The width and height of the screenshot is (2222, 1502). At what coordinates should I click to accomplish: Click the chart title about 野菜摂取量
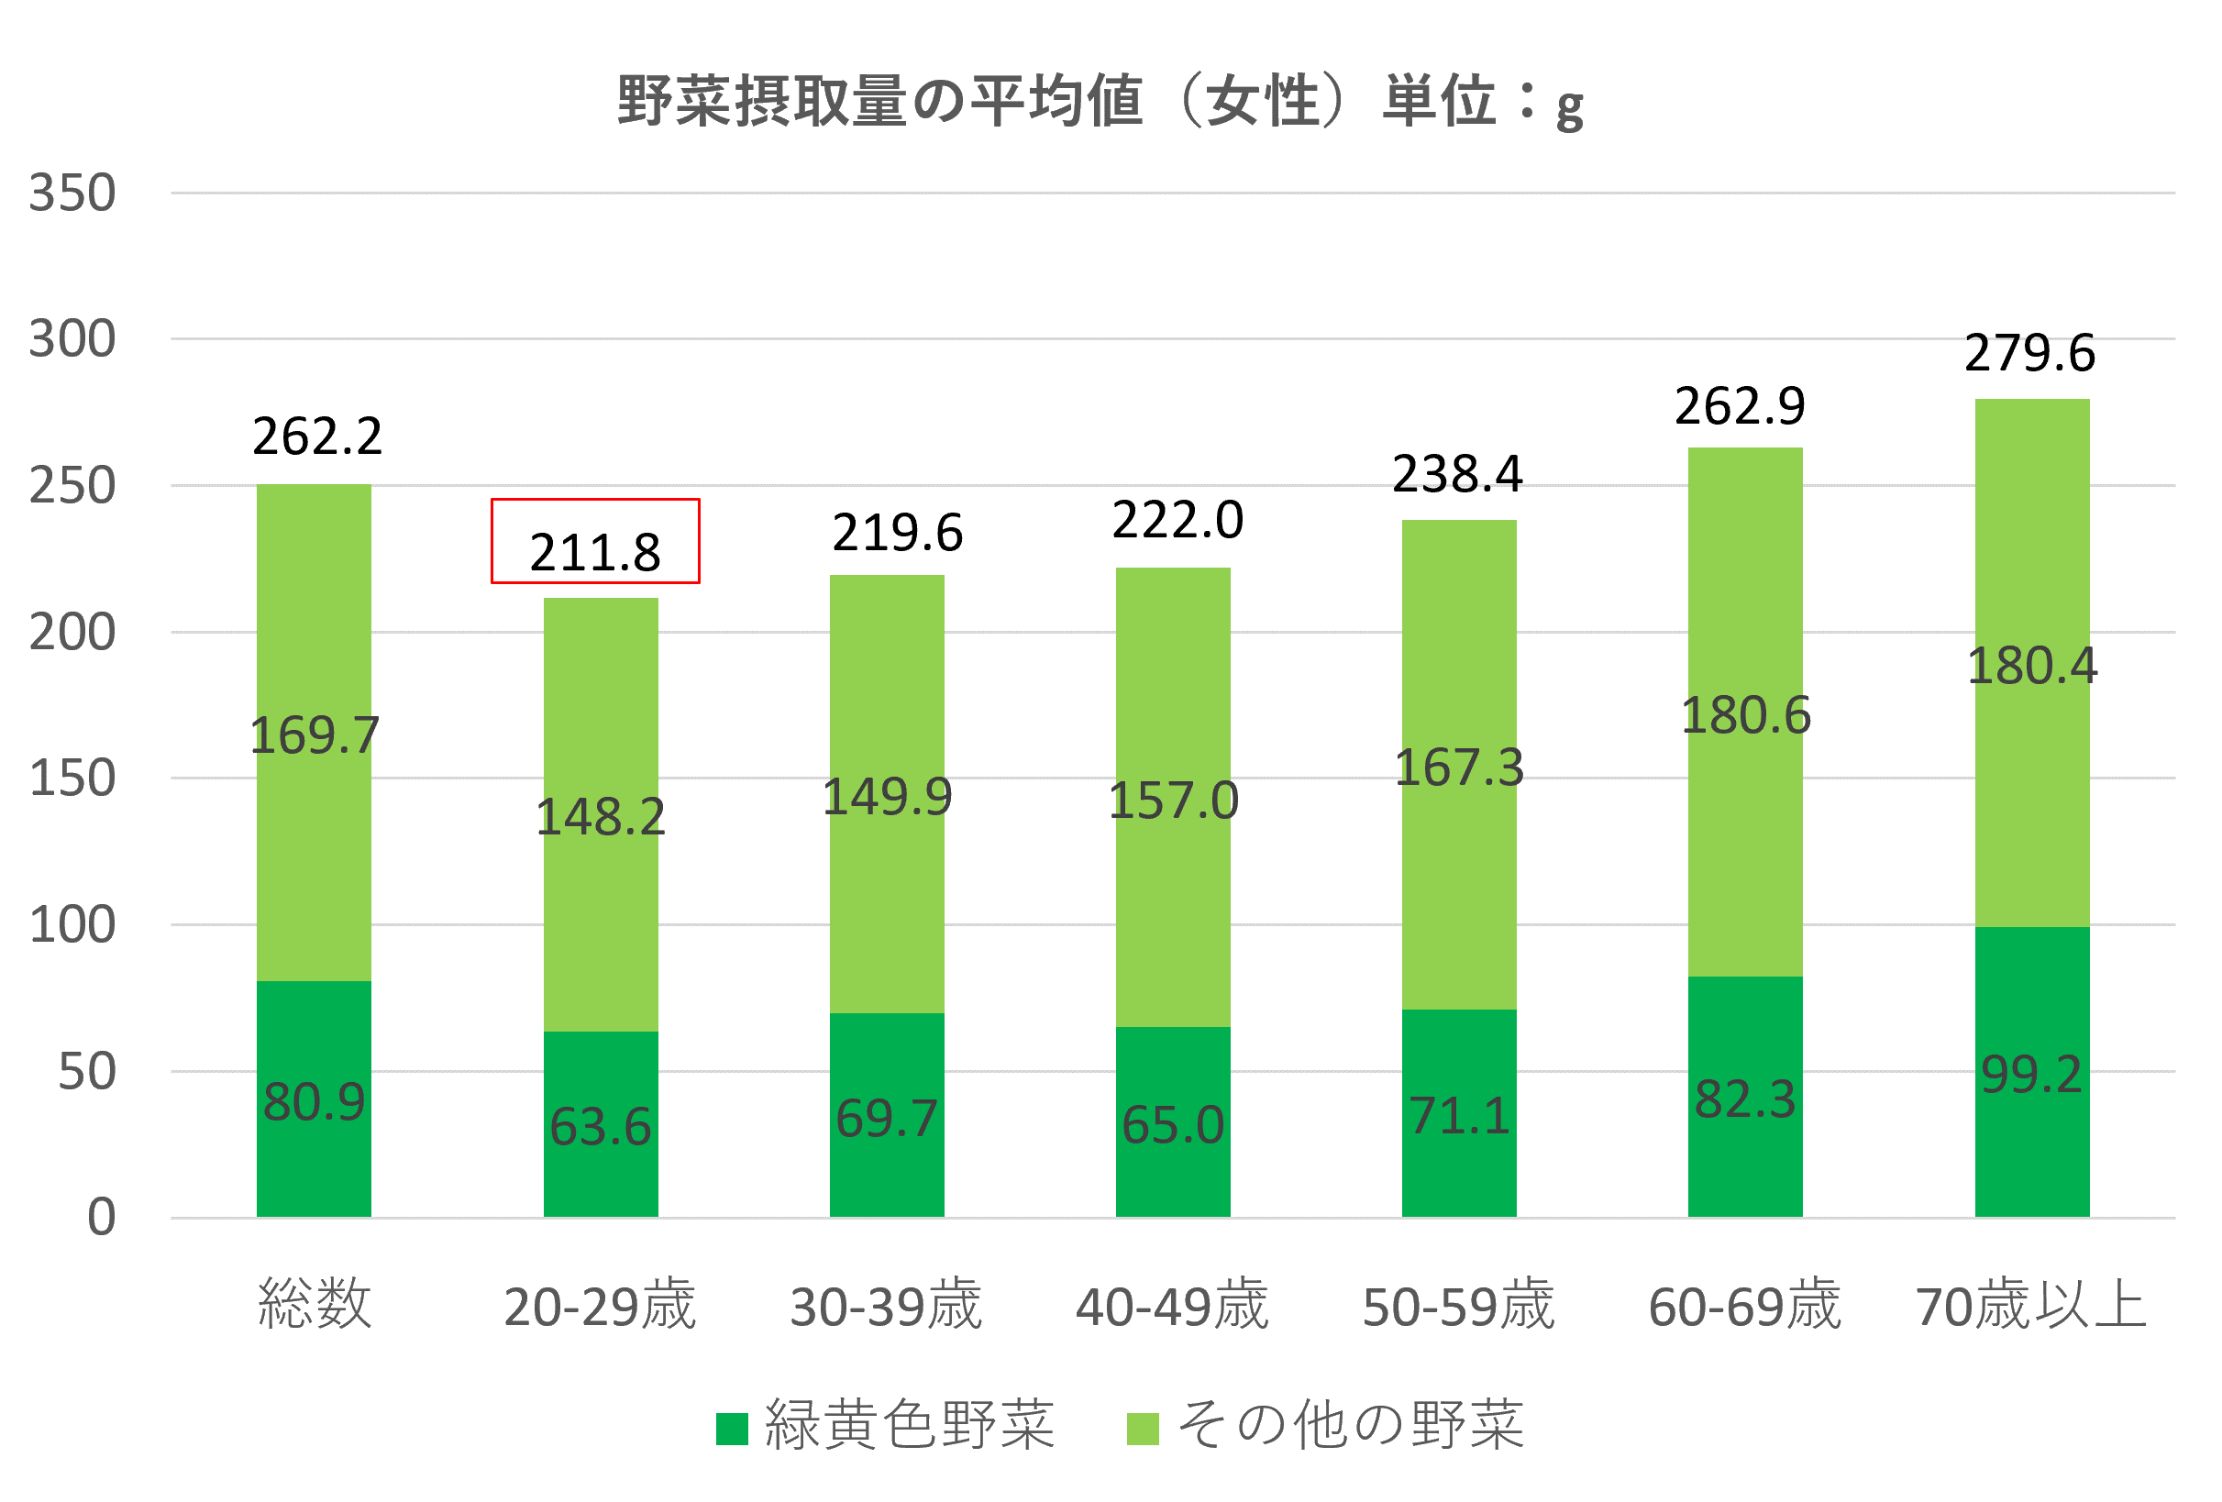click(x=1100, y=100)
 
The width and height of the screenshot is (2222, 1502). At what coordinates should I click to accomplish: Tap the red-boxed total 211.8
click(x=594, y=552)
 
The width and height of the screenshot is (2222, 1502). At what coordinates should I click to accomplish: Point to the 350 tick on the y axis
click(x=72, y=193)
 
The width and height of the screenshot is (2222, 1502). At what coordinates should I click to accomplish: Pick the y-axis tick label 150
click(x=72, y=779)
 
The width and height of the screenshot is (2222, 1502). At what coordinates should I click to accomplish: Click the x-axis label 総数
click(x=315, y=1305)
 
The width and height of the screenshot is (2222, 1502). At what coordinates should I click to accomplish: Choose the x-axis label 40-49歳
click(x=1172, y=1305)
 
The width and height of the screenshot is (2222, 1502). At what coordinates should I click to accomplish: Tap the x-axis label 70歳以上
click(x=2030, y=1305)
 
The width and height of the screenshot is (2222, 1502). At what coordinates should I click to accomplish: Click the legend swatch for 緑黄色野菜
click(x=732, y=1429)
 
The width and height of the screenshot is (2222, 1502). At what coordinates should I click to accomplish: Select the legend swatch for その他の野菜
click(x=1143, y=1429)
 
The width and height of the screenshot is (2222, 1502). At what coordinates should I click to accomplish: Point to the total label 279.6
click(x=2029, y=353)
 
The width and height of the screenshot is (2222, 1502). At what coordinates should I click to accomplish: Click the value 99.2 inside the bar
click(x=2030, y=1074)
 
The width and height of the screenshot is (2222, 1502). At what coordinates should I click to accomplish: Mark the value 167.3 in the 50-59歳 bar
click(x=1459, y=767)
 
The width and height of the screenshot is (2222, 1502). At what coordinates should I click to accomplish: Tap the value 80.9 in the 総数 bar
click(x=315, y=1100)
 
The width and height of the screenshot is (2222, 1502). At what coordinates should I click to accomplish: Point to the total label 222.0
click(x=1177, y=520)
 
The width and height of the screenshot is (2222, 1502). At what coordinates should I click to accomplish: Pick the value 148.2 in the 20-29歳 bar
click(x=601, y=816)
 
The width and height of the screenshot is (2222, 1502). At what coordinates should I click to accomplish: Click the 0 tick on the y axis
click(x=102, y=1217)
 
